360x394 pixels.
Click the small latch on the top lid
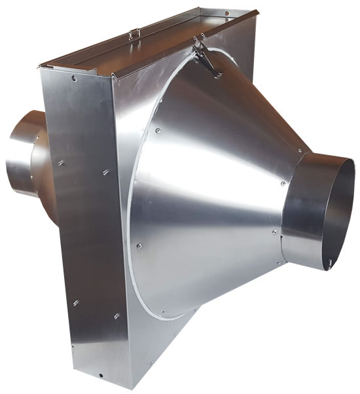click(135, 33)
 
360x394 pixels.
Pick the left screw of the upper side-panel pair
click(60, 162)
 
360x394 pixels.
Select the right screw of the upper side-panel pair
click(105, 173)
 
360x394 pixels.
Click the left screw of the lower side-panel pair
click(76, 302)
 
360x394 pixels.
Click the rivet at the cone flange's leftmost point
click(139, 246)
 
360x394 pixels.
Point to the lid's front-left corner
click(41, 66)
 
